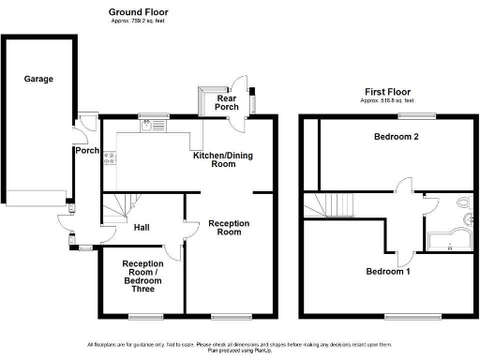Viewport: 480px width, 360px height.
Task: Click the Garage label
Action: [x=38, y=79]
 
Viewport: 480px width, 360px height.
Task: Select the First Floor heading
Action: [x=388, y=91]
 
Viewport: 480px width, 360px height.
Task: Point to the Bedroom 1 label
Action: [x=388, y=272]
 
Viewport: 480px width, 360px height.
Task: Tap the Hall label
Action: [x=142, y=228]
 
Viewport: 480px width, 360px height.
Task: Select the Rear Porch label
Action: [x=225, y=101]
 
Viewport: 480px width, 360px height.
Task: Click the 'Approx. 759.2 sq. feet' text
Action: [x=138, y=20]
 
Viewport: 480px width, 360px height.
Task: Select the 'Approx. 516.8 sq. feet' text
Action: [x=388, y=99]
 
